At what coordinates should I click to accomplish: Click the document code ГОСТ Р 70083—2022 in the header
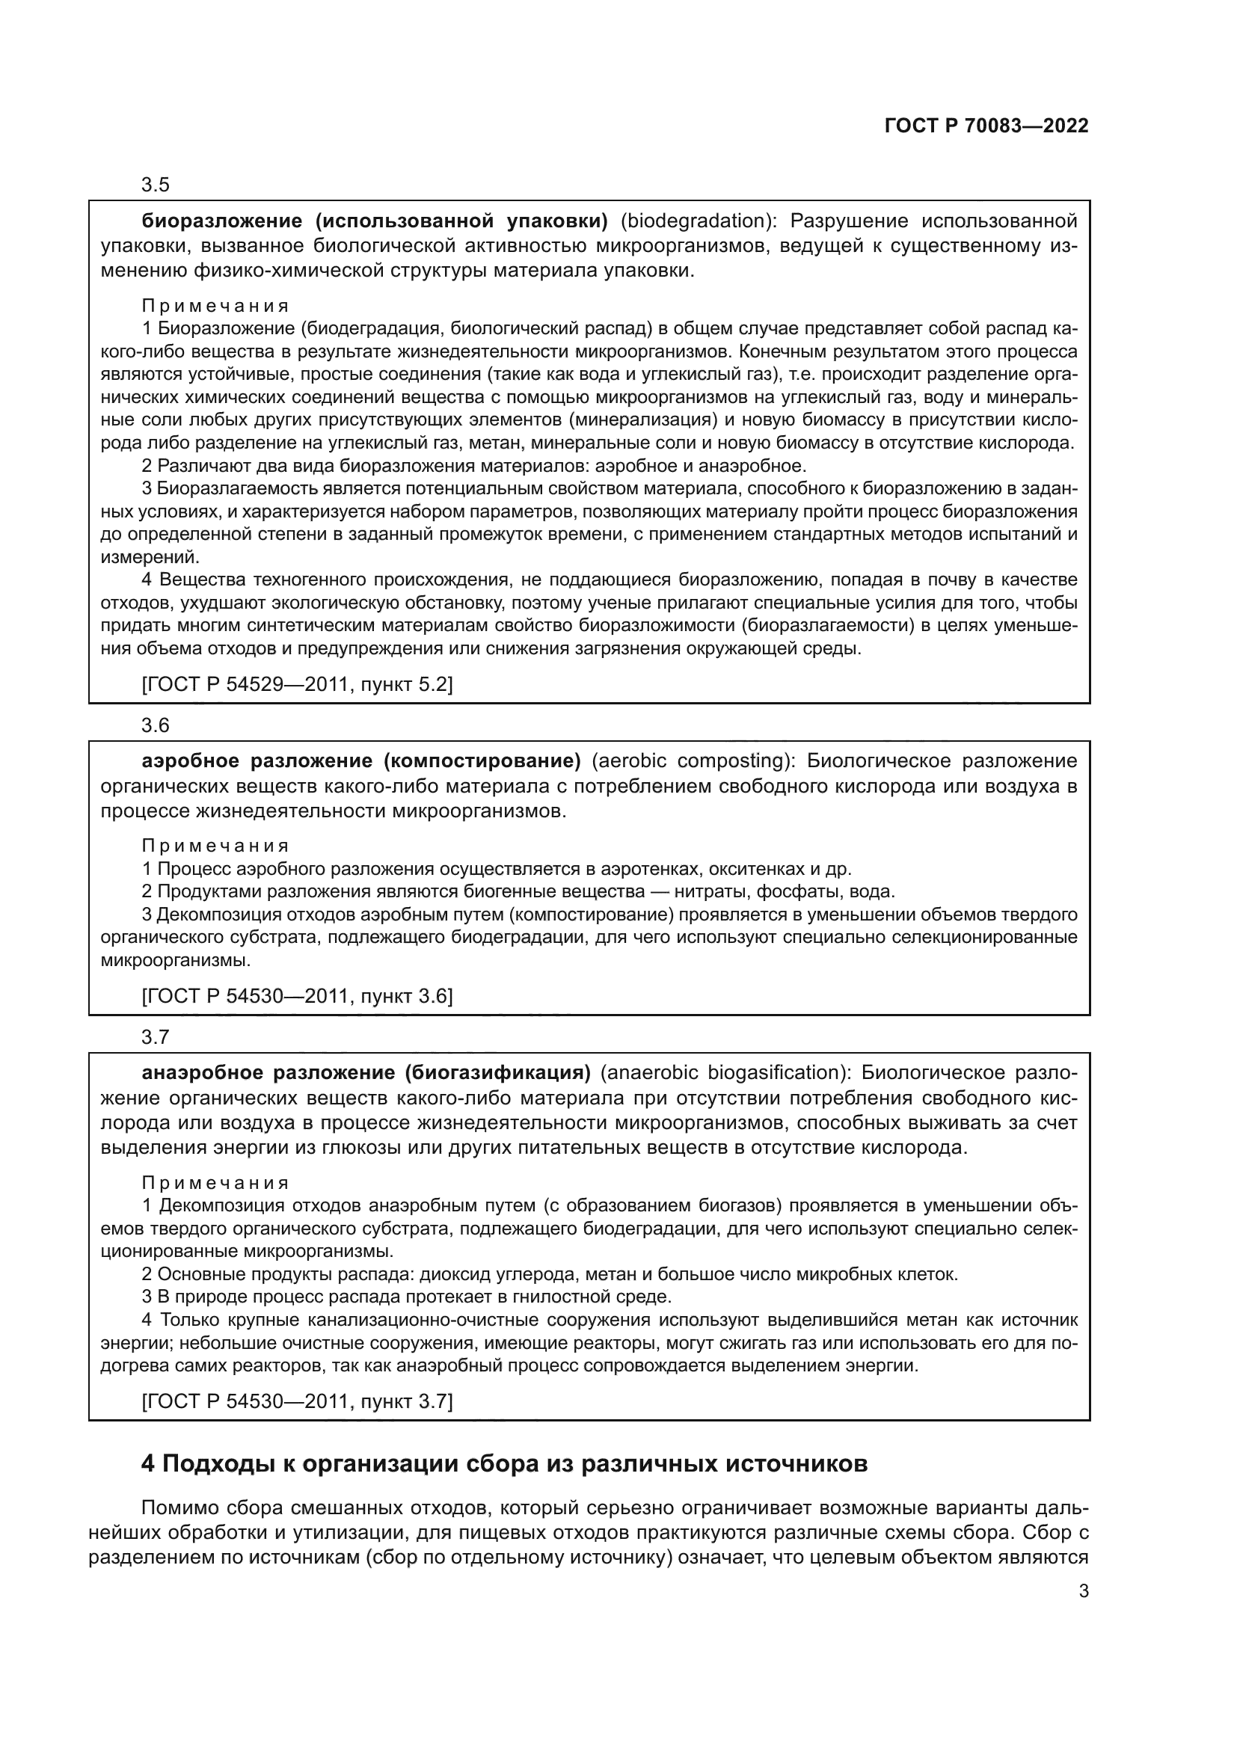(986, 126)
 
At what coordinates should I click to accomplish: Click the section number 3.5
(156, 185)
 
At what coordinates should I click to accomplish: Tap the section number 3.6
(156, 725)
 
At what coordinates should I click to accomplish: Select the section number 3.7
(156, 1036)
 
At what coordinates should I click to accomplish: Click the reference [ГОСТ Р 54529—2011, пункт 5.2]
(297, 685)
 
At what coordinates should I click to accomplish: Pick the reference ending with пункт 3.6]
(297, 996)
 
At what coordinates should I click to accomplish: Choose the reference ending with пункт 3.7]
(297, 1401)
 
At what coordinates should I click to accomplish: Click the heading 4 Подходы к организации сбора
(504, 1463)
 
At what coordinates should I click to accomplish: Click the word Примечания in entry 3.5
(215, 307)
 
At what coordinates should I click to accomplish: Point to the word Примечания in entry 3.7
(215, 1183)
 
